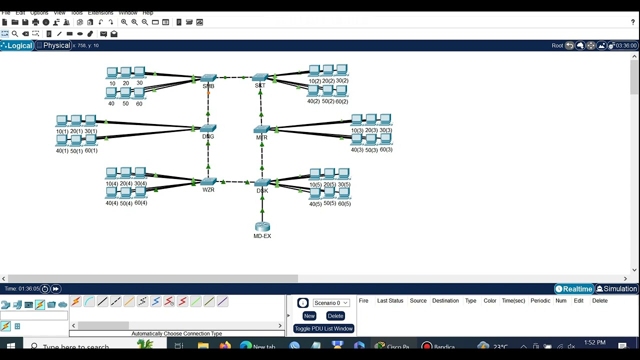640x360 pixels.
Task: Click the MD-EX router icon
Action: [262, 227]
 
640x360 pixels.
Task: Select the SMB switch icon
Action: [208, 78]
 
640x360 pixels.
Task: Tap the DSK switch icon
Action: [262, 183]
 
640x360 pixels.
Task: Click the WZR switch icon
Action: [208, 182]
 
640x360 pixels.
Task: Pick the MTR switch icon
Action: [261, 129]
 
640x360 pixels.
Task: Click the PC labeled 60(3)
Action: [385, 139]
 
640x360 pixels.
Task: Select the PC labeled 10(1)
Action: [62, 121]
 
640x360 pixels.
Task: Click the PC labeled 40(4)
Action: [112, 193]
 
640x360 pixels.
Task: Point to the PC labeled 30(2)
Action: [342, 70]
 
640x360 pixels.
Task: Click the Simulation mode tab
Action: [616, 289]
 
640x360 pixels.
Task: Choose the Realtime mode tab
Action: [574, 289]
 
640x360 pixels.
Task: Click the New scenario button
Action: [309, 316]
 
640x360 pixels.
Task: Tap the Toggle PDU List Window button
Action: [323, 328]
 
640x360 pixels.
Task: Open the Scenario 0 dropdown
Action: [330, 303]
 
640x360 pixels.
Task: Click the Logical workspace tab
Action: [16, 45]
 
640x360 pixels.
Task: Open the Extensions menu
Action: [100, 12]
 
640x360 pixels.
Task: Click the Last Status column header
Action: [390, 301]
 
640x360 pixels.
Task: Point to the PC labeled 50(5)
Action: [329, 193]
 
